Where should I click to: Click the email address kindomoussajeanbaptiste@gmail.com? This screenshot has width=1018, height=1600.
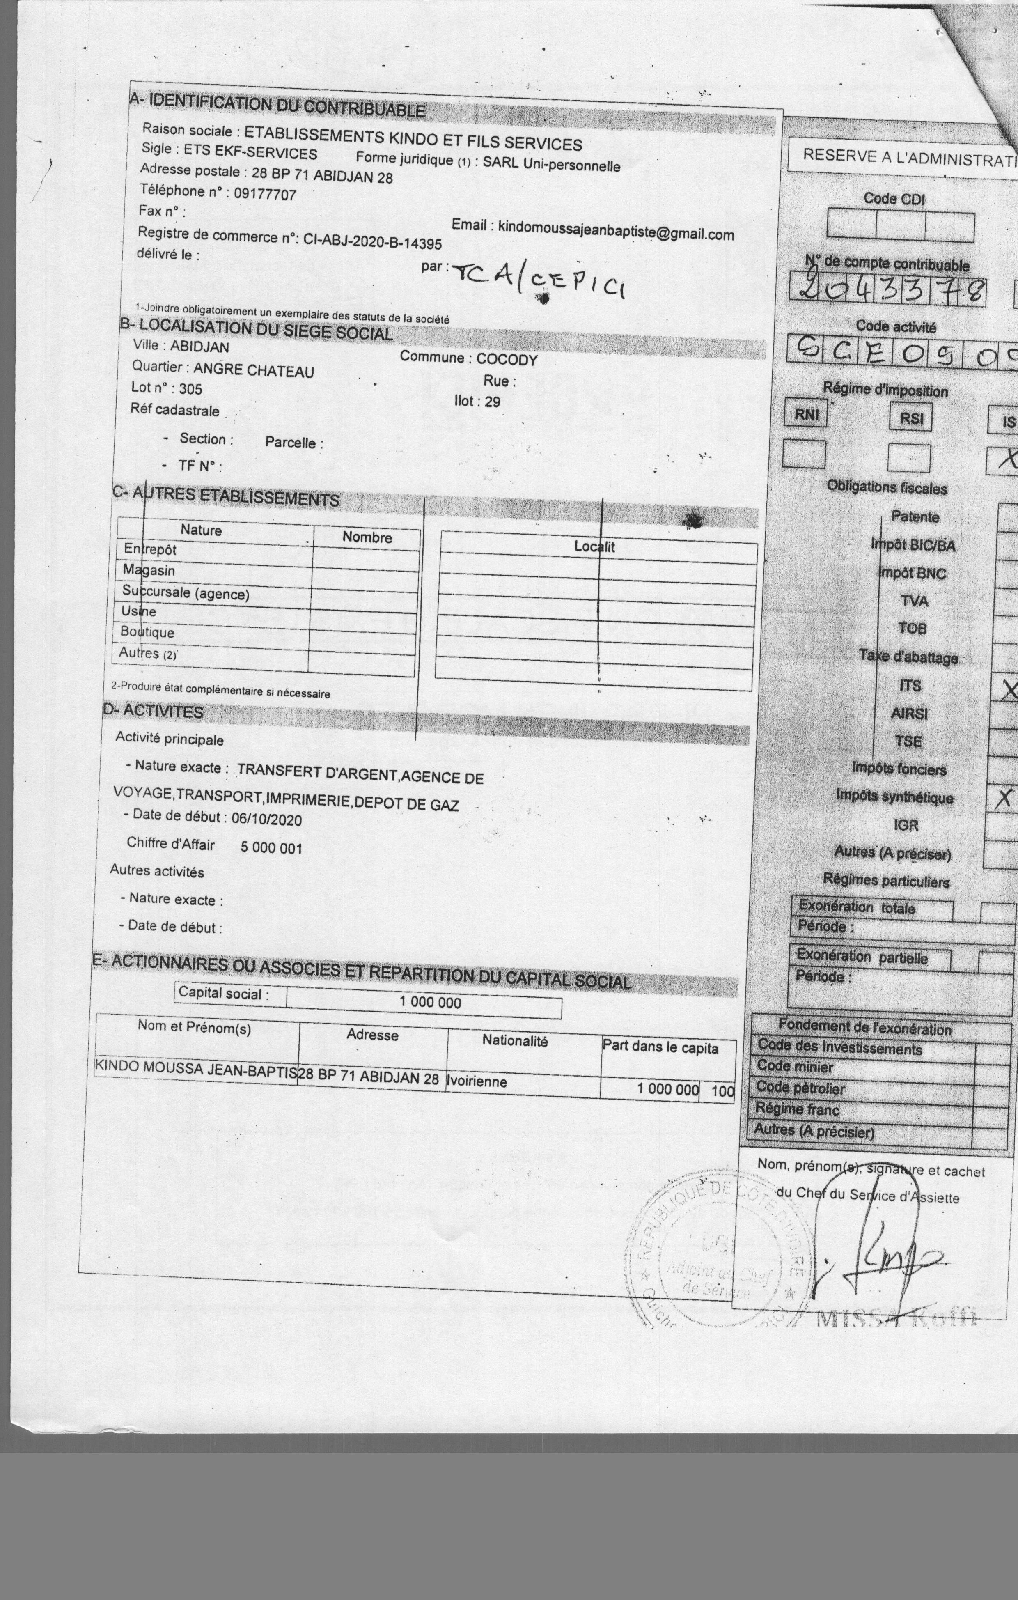tap(616, 232)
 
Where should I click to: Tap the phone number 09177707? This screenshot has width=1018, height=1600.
tap(265, 194)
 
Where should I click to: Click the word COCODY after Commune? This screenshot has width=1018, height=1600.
tap(507, 360)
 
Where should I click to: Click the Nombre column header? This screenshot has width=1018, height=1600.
tap(367, 537)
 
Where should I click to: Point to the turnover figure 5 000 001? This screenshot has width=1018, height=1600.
tap(271, 848)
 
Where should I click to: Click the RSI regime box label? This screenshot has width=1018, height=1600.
tap(911, 418)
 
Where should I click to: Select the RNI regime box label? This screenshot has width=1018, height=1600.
tap(806, 415)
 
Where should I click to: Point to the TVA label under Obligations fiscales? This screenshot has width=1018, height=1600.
tap(914, 601)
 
